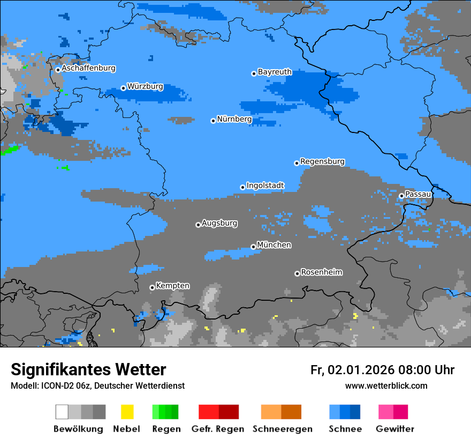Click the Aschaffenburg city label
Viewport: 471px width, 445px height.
pyautogui.click(x=88, y=69)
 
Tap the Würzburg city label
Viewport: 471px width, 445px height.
pyautogui.click(x=145, y=87)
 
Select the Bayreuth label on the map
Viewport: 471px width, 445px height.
pyautogui.click(x=275, y=72)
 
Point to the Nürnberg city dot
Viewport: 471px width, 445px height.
pyautogui.click(x=213, y=121)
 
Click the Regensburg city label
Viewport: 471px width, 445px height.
pyautogui.click(x=322, y=162)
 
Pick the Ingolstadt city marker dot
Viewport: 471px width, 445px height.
pyautogui.click(x=242, y=187)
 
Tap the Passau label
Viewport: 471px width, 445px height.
pyautogui.click(x=418, y=194)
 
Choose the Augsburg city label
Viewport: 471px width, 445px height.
pyautogui.click(x=219, y=224)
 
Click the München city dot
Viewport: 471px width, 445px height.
pyautogui.click(x=253, y=247)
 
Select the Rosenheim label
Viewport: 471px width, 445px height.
pyautogui.click(x=321, y=272)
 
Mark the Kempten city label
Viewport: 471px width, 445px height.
pyautogui.click(x=172, y=286)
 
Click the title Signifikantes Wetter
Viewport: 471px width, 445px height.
pyautogui.click(x=88, y=370)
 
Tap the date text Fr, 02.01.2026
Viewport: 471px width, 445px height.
pyautogui.click(x=352, y=370)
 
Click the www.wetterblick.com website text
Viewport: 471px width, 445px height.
pyautogui.click(x=386, y=385)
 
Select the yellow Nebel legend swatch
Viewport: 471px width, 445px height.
pyautogui.click(x=127, y=412)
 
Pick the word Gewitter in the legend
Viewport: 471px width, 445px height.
pyautogui.click(x=395, y=429)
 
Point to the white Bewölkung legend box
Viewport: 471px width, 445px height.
pyautogui.click(x=62, y=412)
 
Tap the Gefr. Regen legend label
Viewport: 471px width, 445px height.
pyautogui.click(x=217, y=429)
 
